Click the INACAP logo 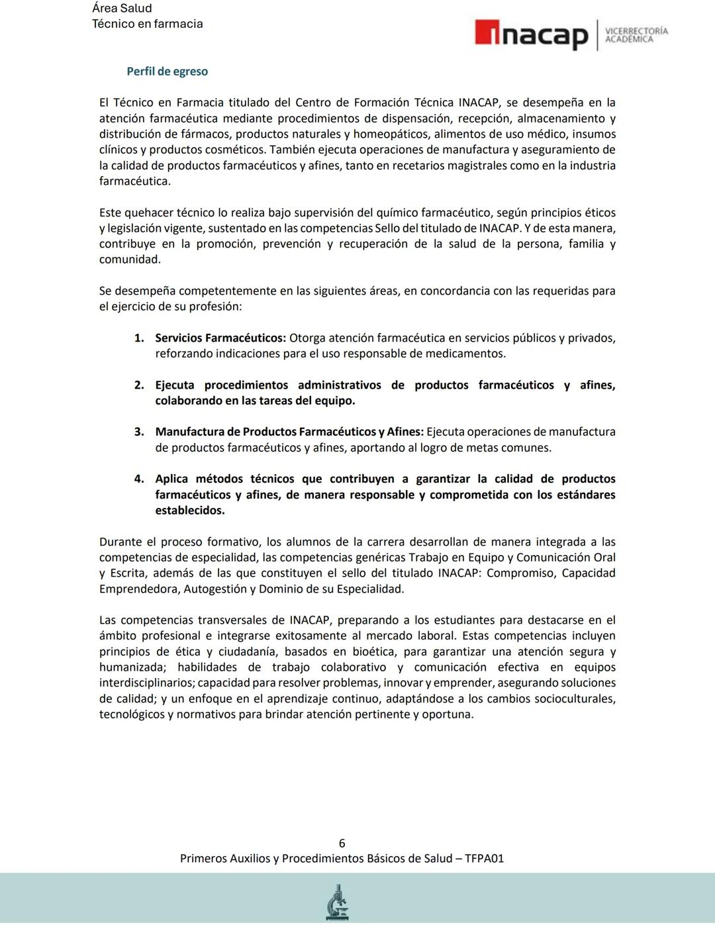(531, 35)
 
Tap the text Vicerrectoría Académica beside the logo (636, 35)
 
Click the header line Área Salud (122, 9)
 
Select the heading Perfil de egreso (167, 72)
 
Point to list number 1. (139, 338)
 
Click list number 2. (139, 385)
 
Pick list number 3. (139, 432)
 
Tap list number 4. (139, 479)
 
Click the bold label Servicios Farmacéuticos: (220, 338)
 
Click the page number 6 (342, 843)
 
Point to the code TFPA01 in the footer (484, 859)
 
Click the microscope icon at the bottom (338, 902)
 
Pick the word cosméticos (235, 150)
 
